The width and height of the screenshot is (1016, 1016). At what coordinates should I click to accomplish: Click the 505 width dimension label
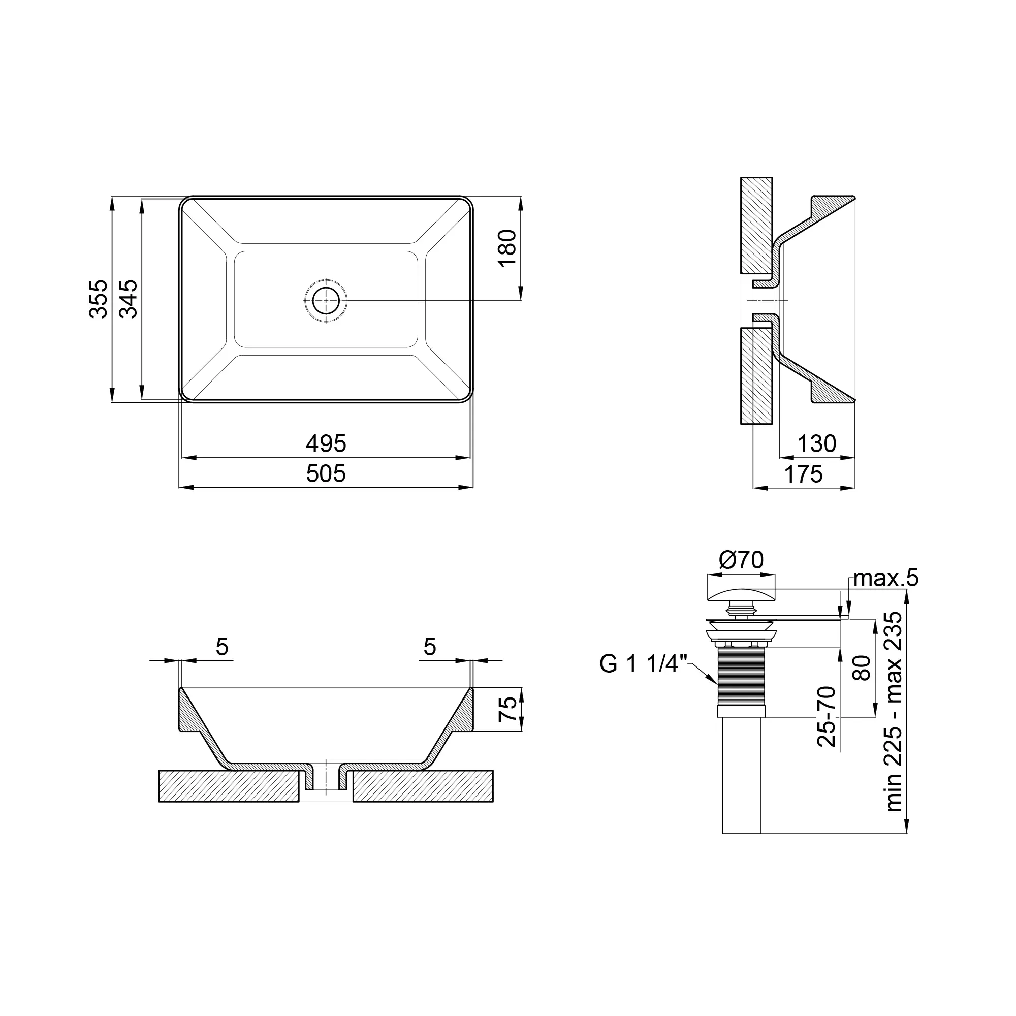coord(326,474)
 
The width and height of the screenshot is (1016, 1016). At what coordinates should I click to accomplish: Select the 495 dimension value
coord(326,444)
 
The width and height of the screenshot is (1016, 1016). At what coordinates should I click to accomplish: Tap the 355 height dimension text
coord(99,299)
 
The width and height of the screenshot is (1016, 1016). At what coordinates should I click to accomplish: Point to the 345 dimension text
coord(129,299)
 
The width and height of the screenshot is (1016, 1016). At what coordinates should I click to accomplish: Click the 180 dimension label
coord(507,249)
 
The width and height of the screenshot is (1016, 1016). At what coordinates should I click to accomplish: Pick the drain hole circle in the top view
coord(326,301)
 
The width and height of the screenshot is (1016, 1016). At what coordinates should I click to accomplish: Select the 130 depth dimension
coord(817,444)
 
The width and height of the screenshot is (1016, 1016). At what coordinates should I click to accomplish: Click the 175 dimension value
coord(804,474)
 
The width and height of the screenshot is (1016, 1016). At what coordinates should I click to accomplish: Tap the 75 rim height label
coord(507,709)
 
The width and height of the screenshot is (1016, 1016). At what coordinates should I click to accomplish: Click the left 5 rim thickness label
coord(222,647)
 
